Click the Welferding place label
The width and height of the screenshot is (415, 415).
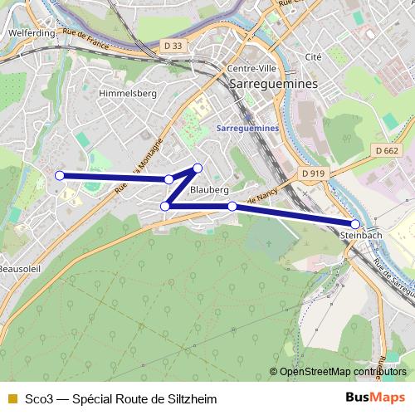(30, 33)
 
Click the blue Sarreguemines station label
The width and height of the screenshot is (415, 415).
(247, 129)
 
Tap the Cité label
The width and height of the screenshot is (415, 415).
(313, 57)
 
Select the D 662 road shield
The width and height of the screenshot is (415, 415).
(386, 150)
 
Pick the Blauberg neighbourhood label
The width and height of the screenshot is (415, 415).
(209, 190)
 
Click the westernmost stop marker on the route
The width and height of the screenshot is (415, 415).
(59, 175)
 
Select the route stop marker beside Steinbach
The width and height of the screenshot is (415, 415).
(355, 224)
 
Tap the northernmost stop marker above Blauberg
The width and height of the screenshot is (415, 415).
(198, 168)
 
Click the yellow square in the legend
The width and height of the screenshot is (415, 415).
(12, 399)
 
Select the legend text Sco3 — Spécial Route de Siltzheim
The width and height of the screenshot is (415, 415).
(120, 399)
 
